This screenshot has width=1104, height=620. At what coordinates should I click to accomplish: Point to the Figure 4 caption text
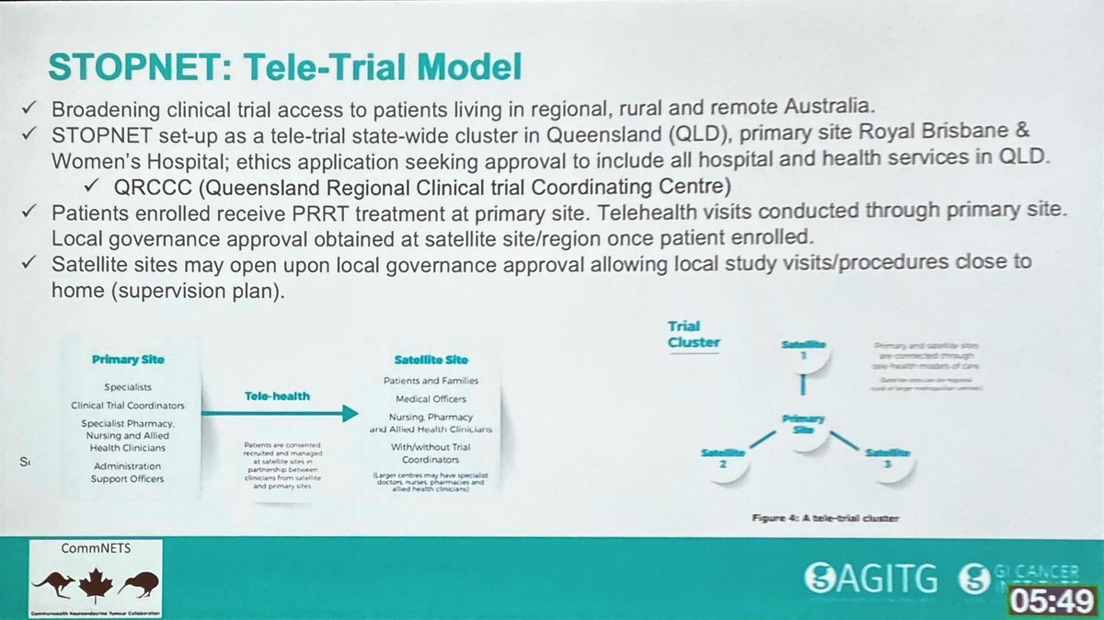[799, 518]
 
